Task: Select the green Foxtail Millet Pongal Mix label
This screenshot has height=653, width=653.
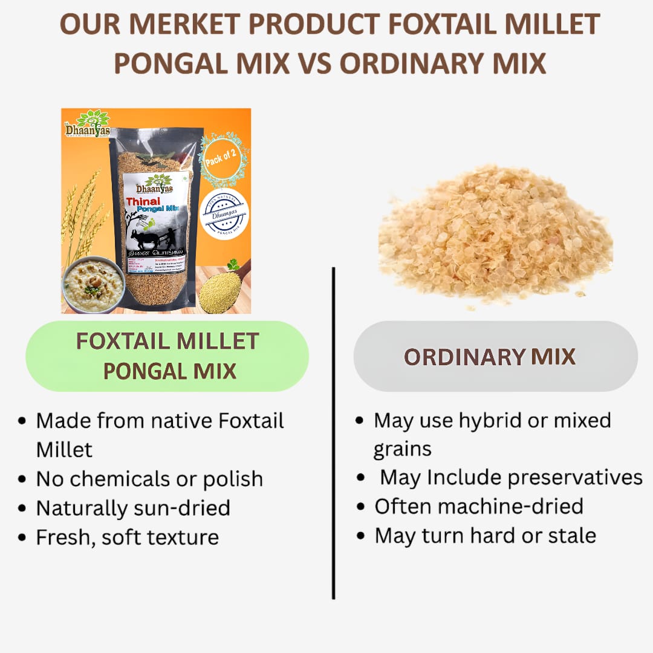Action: pyautogui.click(x=167, y=356)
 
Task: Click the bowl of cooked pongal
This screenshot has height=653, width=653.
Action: pyautogui.click(x=93, y=284)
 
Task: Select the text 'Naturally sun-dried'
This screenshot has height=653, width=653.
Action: pyautogui.click(x=133, y=508)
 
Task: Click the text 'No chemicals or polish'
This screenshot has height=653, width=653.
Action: pyautogui.click(x=149, y=479)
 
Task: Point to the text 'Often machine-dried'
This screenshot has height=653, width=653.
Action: pyautogui.click(x=479, y=506)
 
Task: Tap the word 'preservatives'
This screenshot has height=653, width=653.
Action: pyautogui.click(x=575, y=477)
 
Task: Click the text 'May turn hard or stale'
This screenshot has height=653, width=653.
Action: pyautogui.click(x=485, y=535)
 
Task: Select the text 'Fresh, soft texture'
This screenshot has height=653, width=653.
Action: pyautogui.click(x=127, y=537)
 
